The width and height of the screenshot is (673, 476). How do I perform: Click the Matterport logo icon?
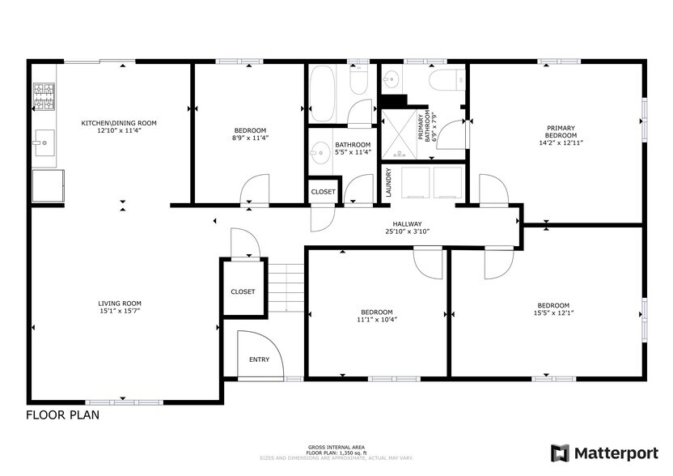point(560,453)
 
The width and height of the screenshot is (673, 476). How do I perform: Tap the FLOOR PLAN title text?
point(63,415)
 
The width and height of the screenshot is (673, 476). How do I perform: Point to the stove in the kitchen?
point(44,96)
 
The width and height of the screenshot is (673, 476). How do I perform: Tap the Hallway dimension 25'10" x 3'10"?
point(407,232)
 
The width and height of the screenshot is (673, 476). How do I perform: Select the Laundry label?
point(389,182)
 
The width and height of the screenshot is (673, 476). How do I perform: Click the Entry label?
point(259,359)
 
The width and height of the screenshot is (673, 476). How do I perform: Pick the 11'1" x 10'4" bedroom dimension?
point(377,319)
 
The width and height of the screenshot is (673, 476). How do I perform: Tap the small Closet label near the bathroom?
point(323,192)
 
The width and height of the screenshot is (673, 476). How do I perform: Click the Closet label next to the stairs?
point(243,291)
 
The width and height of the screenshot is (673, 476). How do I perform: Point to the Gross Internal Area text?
point(335,447)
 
